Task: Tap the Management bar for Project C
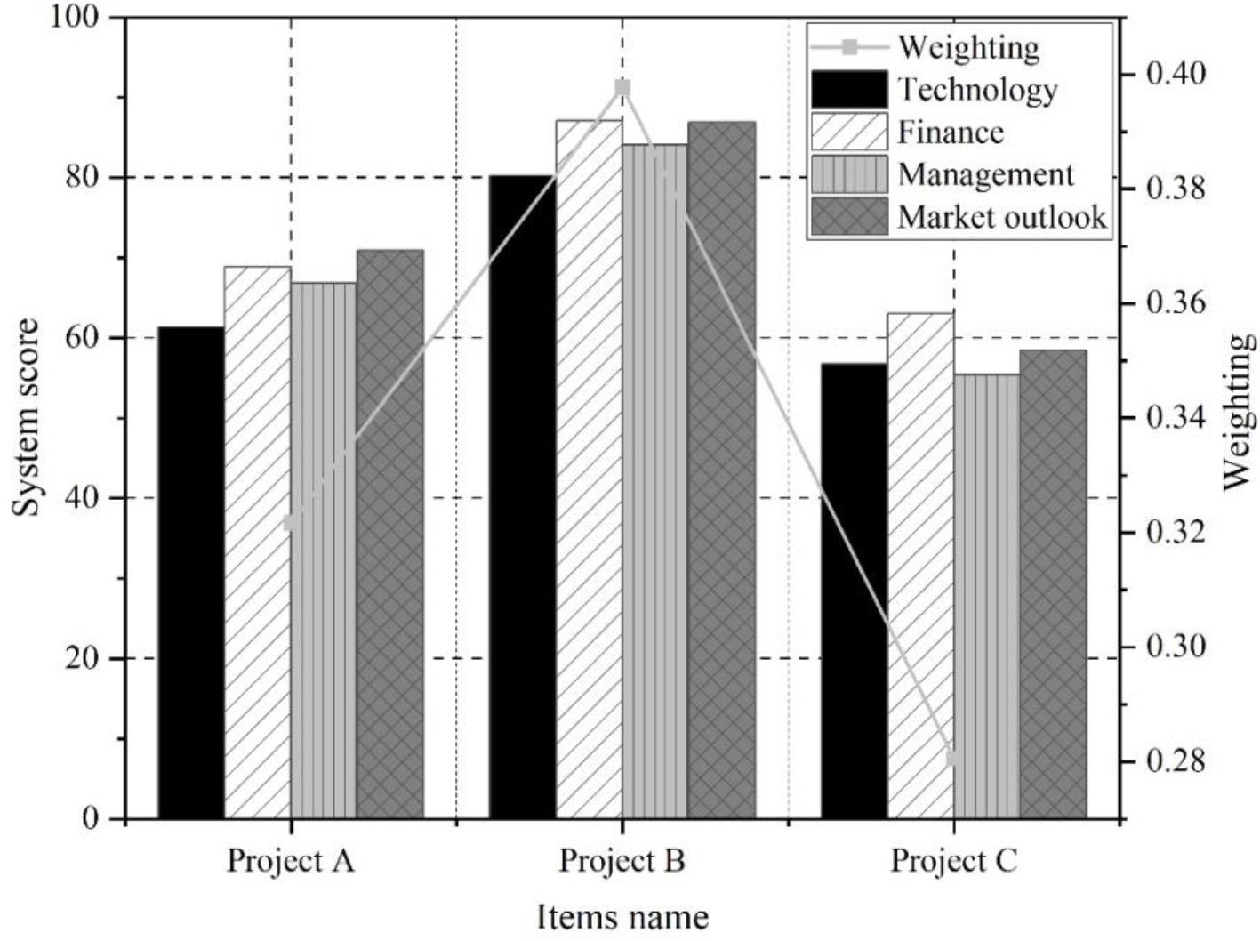point(987,596)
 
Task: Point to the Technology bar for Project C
point(854,591)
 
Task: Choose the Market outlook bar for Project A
point(390,534)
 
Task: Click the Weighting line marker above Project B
point(622,87)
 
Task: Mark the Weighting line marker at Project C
point(953,759)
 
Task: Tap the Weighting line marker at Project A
point(290,523)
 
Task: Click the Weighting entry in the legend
point(967,46)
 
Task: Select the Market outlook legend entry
point(1001,217)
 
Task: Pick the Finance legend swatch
point(849,132)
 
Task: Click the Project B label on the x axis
point(622,861)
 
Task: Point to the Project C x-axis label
point(954,861)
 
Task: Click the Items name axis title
point(622,917)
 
